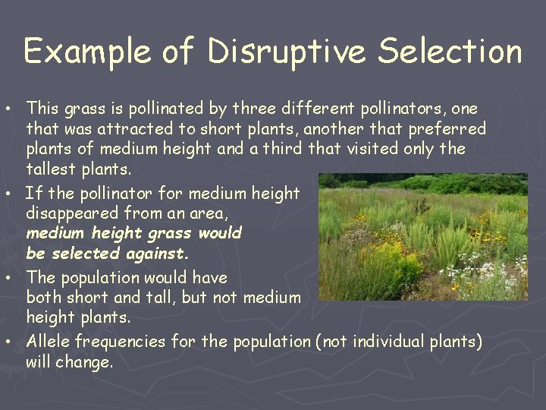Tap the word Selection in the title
click(x=450, y=51)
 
